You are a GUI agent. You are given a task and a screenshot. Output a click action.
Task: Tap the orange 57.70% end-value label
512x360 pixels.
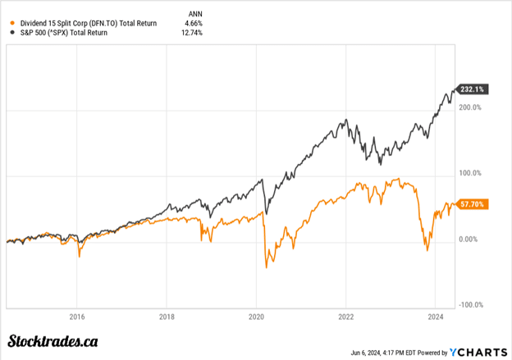click(473, 203)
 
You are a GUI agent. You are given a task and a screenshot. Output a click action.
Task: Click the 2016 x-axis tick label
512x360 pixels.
click(77, 316)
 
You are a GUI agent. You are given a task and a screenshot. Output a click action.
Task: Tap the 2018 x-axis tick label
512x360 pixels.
click(167, 316)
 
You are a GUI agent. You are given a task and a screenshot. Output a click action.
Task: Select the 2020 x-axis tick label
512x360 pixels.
click(256, 316)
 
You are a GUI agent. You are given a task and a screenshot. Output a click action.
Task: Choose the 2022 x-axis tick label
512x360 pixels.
click(346, 316)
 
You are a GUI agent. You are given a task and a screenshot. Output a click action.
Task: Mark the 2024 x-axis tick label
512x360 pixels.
click(436, 316)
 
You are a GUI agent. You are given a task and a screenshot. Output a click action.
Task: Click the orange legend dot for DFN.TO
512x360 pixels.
click(10, 22)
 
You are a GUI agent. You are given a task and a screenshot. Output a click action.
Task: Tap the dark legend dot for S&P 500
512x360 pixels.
click(10, 33)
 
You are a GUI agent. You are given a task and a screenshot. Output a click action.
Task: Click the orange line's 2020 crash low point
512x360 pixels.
click(266, 267)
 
